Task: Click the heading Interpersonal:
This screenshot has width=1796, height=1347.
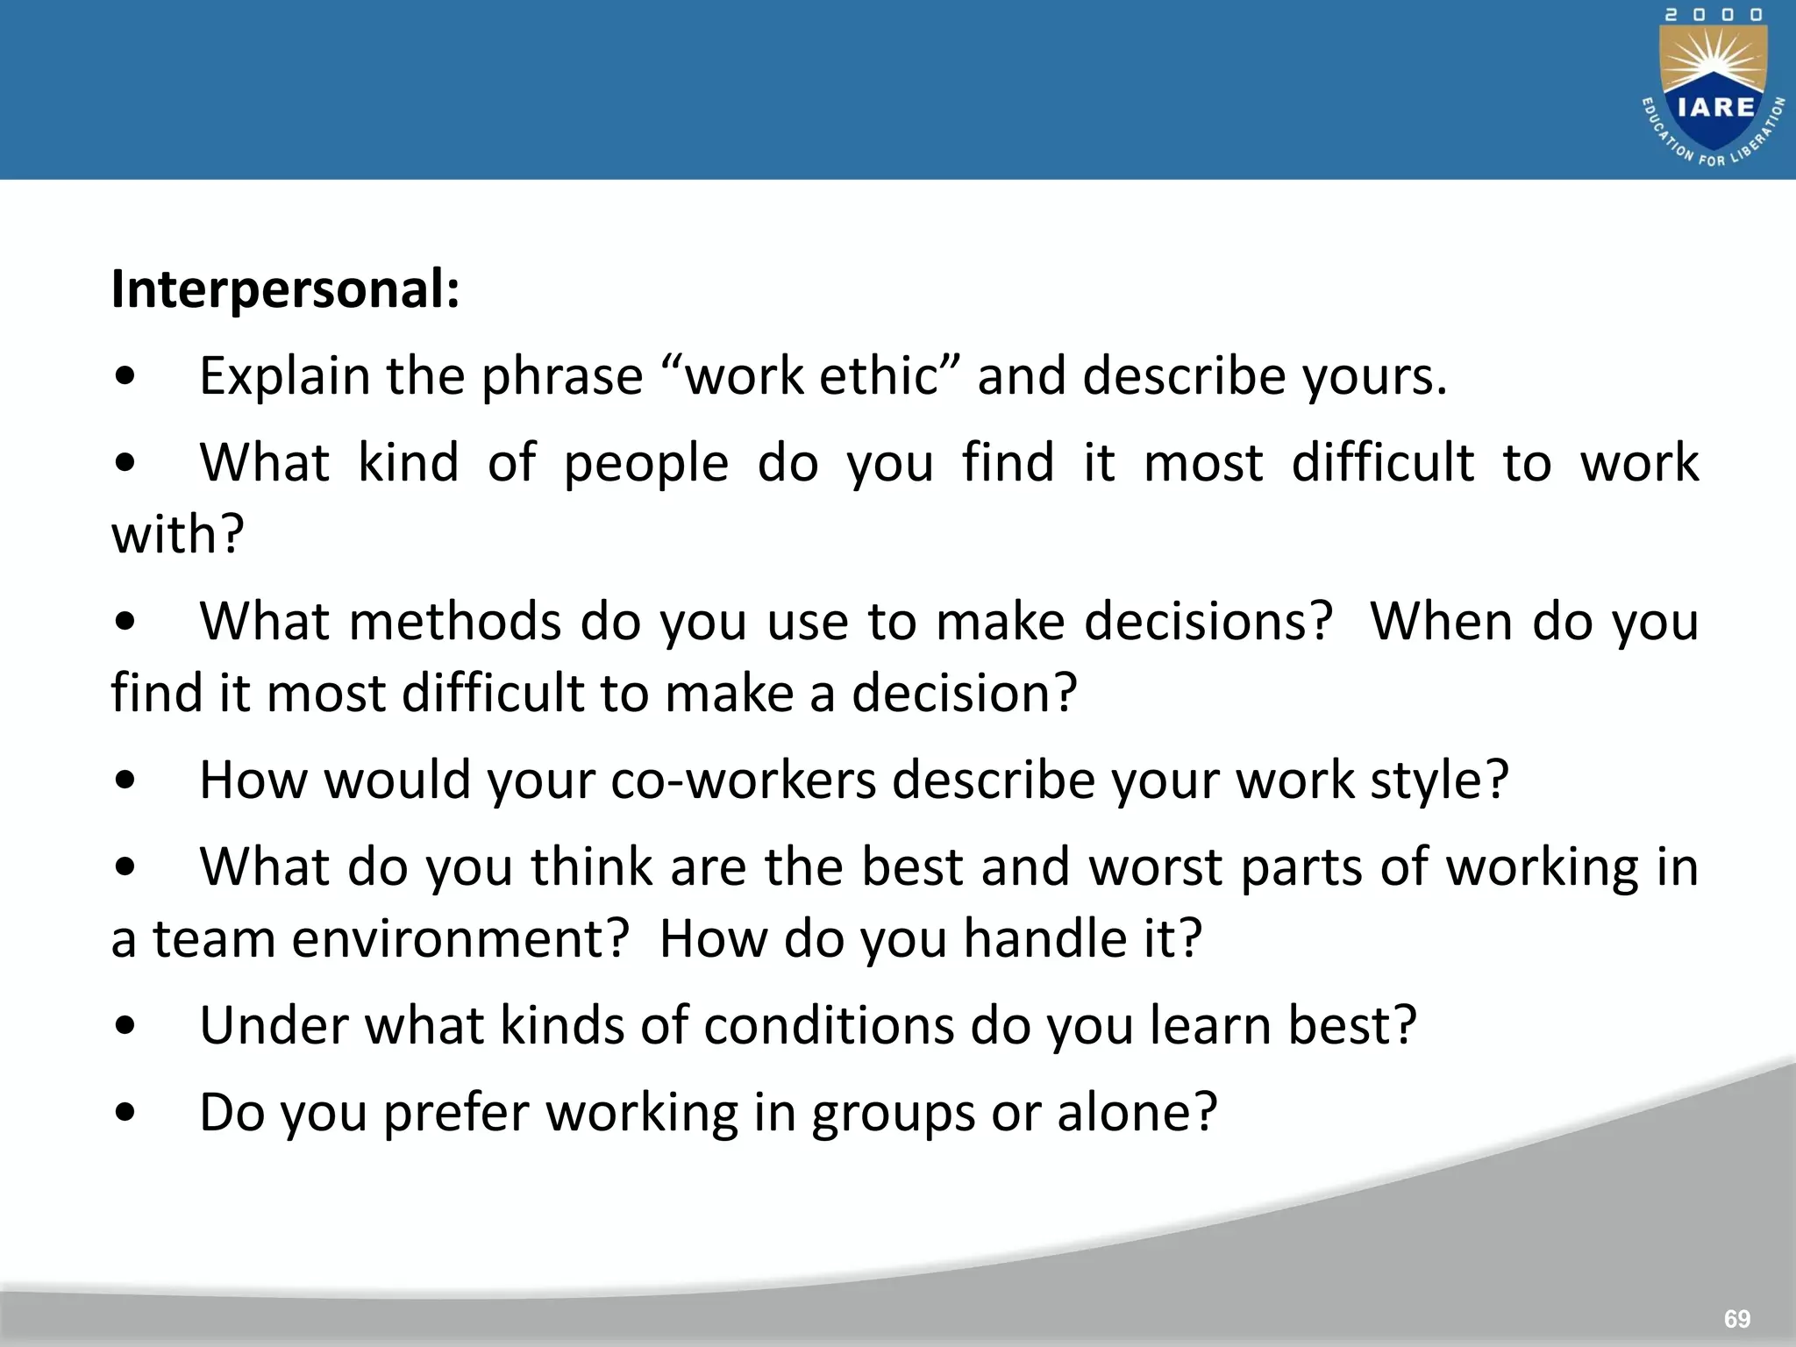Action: [x=285, y=289]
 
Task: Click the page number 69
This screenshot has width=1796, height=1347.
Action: [x=1736, y=1318]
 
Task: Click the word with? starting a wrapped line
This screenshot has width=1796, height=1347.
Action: [x=177, y=534]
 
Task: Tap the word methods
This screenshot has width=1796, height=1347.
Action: [x=455, y=622]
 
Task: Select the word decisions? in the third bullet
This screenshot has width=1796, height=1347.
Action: [x=1208, y=622]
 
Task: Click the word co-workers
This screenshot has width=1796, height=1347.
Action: [x=743, y=780]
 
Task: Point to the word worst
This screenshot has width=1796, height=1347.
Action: [x=1155, y=867]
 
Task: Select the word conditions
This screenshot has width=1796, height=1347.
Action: [x=829, y=1025]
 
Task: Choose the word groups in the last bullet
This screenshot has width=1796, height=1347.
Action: [x=893, y=1114]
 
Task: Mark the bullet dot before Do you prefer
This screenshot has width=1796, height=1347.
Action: [x=125, y=1112]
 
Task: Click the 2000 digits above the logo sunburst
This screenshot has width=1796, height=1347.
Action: [x=1714, y=15]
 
